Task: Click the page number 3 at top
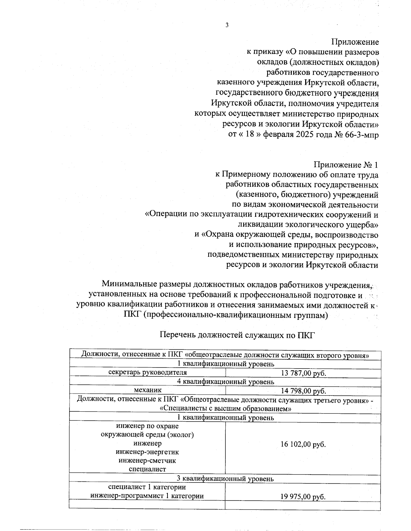point(226,25)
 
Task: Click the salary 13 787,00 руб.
point(303,373)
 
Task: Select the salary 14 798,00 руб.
point(303,391)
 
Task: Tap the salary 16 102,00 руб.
point(303,444)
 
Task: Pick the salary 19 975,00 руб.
point(303,497)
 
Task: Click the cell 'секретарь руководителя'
point(148,372)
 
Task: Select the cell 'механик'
point(148,390)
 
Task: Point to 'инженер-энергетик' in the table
point(147,452)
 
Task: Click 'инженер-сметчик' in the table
point(147,461)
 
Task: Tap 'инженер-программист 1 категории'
point(147,496)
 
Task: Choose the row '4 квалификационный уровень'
point(225,381)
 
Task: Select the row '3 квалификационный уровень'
point(225,479)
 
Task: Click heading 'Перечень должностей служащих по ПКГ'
point(237,335)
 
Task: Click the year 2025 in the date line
point(302,134)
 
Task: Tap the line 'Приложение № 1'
point(346,165)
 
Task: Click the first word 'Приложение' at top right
point(355,42)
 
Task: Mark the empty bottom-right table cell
point(303,505)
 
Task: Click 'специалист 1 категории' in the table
point(147,487)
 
